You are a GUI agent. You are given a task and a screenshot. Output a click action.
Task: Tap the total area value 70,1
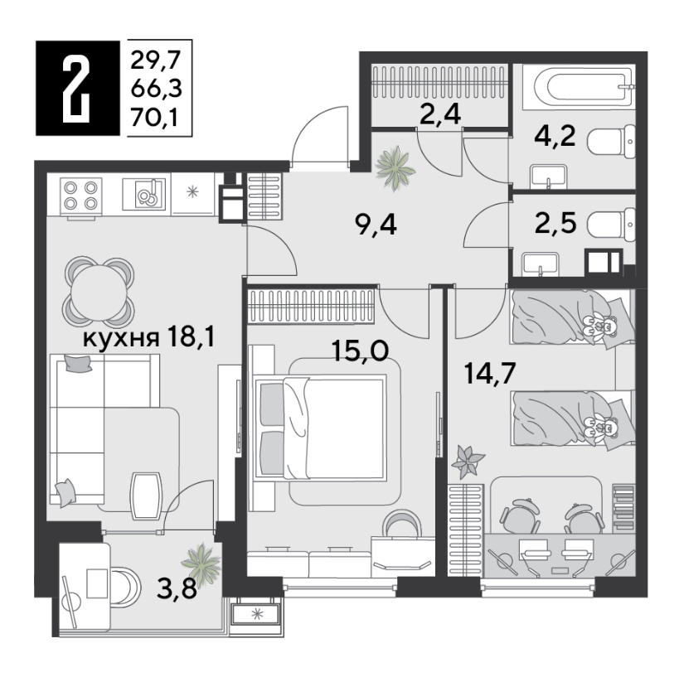pyautogui.click(x=154, y=118)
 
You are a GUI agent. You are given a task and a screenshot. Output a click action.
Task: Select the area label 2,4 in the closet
pyautogui.click(x=440, y=115)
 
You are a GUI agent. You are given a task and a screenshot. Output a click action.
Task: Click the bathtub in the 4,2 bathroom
pyautogui.click(x=578, y=85)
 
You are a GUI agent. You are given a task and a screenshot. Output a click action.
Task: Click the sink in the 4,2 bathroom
pyautogui.click(x=548, y=177)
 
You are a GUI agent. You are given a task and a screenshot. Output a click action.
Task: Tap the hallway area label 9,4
pyautogui.click(x=376, y=225)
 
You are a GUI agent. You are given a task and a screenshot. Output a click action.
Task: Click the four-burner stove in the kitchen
pyautogui.click(x=80, y=196)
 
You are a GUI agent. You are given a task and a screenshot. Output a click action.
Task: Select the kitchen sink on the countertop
pyautogui.click(x=144, y=194)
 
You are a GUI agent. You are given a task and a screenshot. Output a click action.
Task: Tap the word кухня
pyautogui.click(x=120, y=338)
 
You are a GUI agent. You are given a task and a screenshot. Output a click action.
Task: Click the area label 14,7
pyautogui.click(x=490, y=373)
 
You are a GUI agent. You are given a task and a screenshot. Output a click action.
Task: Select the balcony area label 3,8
pyautogui.click(x=177, y=589)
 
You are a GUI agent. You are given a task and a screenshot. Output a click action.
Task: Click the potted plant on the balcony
pyautogui.click(x=201, y=563)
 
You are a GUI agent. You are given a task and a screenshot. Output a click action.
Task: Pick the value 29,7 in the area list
pyautogui.click(x=155, y=60)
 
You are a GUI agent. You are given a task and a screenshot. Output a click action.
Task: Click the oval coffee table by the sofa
pyautogui.click(x=147, y=496)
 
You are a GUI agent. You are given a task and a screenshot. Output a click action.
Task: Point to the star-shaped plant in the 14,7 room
pyautogui.click(x=467, y=462)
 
